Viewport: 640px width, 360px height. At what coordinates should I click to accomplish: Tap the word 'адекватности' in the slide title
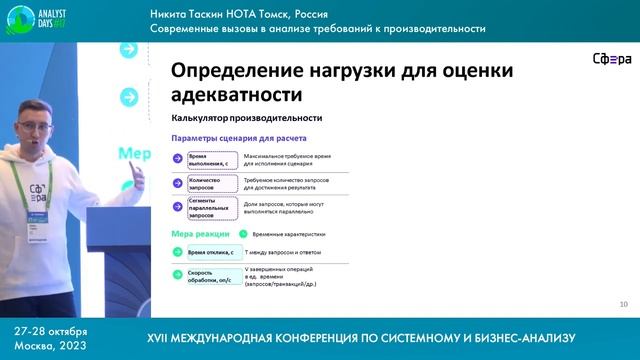(237, 96)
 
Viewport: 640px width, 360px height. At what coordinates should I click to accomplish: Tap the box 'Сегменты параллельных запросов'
(211, 208)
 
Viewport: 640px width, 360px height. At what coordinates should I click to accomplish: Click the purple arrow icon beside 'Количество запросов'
(177, 184)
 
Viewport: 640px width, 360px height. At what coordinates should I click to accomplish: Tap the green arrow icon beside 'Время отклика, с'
(177, 253)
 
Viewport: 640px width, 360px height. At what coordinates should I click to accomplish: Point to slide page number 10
(624, 303)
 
